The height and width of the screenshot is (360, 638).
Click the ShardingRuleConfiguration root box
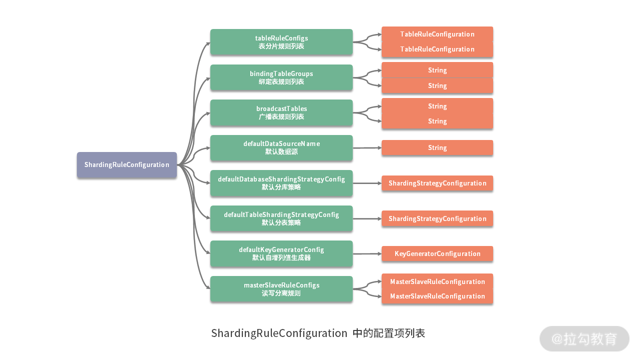[x=126, y=164]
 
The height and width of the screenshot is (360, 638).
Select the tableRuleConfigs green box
[x=281, y=42]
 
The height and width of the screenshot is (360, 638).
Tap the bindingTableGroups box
[x=281, y=77]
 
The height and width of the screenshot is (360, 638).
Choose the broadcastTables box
[x=281, y=112]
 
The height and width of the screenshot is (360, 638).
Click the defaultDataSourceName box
[x=281, y=147]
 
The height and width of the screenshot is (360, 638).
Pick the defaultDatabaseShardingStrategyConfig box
[x=281, y=183]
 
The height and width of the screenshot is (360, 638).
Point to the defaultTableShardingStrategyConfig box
[x=281, y=218]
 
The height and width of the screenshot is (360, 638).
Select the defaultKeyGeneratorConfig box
[x=281, y=253]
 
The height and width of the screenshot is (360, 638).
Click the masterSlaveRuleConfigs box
[x=281, y=289]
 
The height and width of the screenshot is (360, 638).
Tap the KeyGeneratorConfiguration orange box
[x=437, y=253]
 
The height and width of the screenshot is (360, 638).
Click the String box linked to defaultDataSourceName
[x=437, y=147]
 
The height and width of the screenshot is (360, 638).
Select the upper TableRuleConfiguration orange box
[x=437, y=34]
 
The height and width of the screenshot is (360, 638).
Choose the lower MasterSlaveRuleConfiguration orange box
[x=437, y=296]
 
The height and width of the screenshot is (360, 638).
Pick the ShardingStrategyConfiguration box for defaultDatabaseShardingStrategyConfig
[x=437, y=183]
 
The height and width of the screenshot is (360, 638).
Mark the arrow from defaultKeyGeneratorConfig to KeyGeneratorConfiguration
[x=367, y=254]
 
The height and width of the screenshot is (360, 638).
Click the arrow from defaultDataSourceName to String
[x=367, y=148]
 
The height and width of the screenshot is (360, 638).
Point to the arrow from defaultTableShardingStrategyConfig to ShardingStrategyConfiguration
[x=367, y=218]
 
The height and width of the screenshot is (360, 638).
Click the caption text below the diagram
[x=318, y=333]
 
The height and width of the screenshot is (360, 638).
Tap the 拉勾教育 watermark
[x=584, y=339]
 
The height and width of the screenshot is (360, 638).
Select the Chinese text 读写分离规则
[x=281, y=293]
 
